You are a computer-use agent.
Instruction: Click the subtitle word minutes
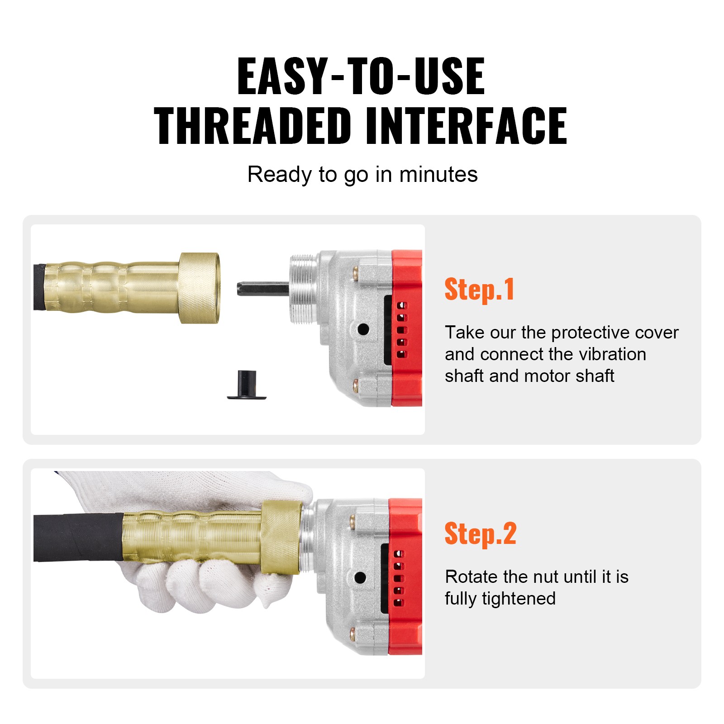pos(438,175)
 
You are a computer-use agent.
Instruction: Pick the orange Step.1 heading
pos(479,290)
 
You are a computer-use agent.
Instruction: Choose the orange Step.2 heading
pos(480,534)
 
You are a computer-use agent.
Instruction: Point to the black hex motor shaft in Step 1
pos(262,289)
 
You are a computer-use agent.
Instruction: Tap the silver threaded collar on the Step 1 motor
pos(302,289)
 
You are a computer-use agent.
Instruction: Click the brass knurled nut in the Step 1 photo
pos(199,288)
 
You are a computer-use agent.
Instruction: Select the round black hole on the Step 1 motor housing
pos(363,329)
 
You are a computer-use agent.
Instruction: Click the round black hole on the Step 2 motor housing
pos(360,577)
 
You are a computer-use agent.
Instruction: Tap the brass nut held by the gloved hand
pos(281,538)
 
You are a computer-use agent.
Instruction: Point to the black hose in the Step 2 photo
pos(77,537)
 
